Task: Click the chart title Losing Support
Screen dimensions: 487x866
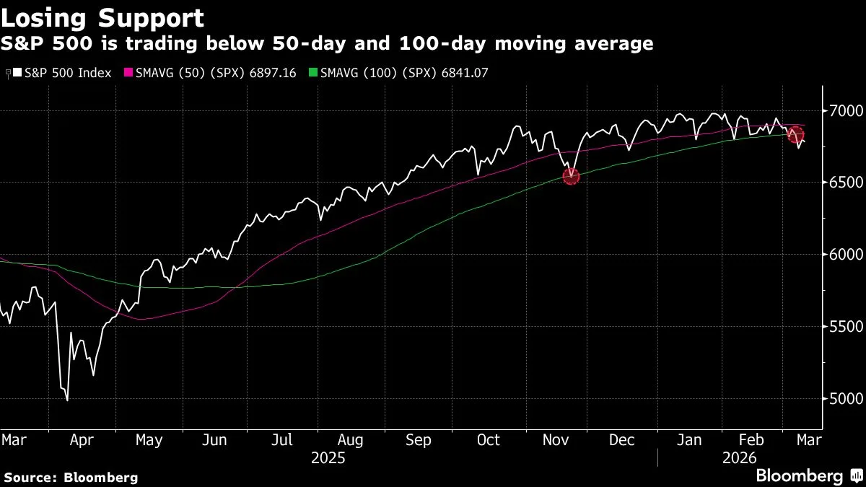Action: [x=102, y=17]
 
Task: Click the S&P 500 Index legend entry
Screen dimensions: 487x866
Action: [x=61, y=73]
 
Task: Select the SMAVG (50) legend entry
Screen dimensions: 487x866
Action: [x=210, y=73]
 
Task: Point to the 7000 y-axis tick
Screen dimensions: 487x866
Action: [x=842, y=110]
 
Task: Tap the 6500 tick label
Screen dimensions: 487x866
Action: [x=842, y=183]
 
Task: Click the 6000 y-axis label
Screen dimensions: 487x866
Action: [x=842, y=255]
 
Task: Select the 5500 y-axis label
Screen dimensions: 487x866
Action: [x=842, y=327]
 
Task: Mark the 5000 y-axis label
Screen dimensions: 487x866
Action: [x=842, y=399]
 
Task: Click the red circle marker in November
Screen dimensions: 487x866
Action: [x=571, y=175]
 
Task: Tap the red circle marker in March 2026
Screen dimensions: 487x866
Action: [x=796, y=134]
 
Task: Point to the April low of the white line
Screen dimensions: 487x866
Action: [x=67, y=400]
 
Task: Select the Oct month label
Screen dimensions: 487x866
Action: [x=488, y=439]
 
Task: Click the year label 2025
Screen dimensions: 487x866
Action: [x=328, y=457]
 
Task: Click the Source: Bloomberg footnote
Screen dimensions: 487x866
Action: [x=70, y=477]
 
